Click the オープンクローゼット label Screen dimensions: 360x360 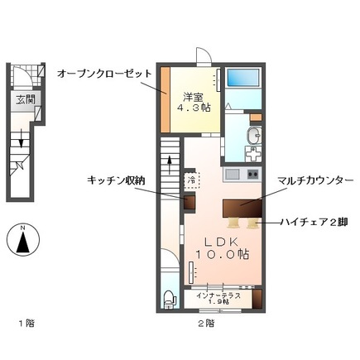click(x=104, y=73)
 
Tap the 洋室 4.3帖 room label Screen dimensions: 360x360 click(x=195, y=100)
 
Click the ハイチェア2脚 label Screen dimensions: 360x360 click(x=313, y=223)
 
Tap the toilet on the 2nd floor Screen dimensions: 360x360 click(x=169, y=298)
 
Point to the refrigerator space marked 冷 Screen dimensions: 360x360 click(x=191, y=179)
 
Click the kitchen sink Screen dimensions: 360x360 click(x=232, y=175)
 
